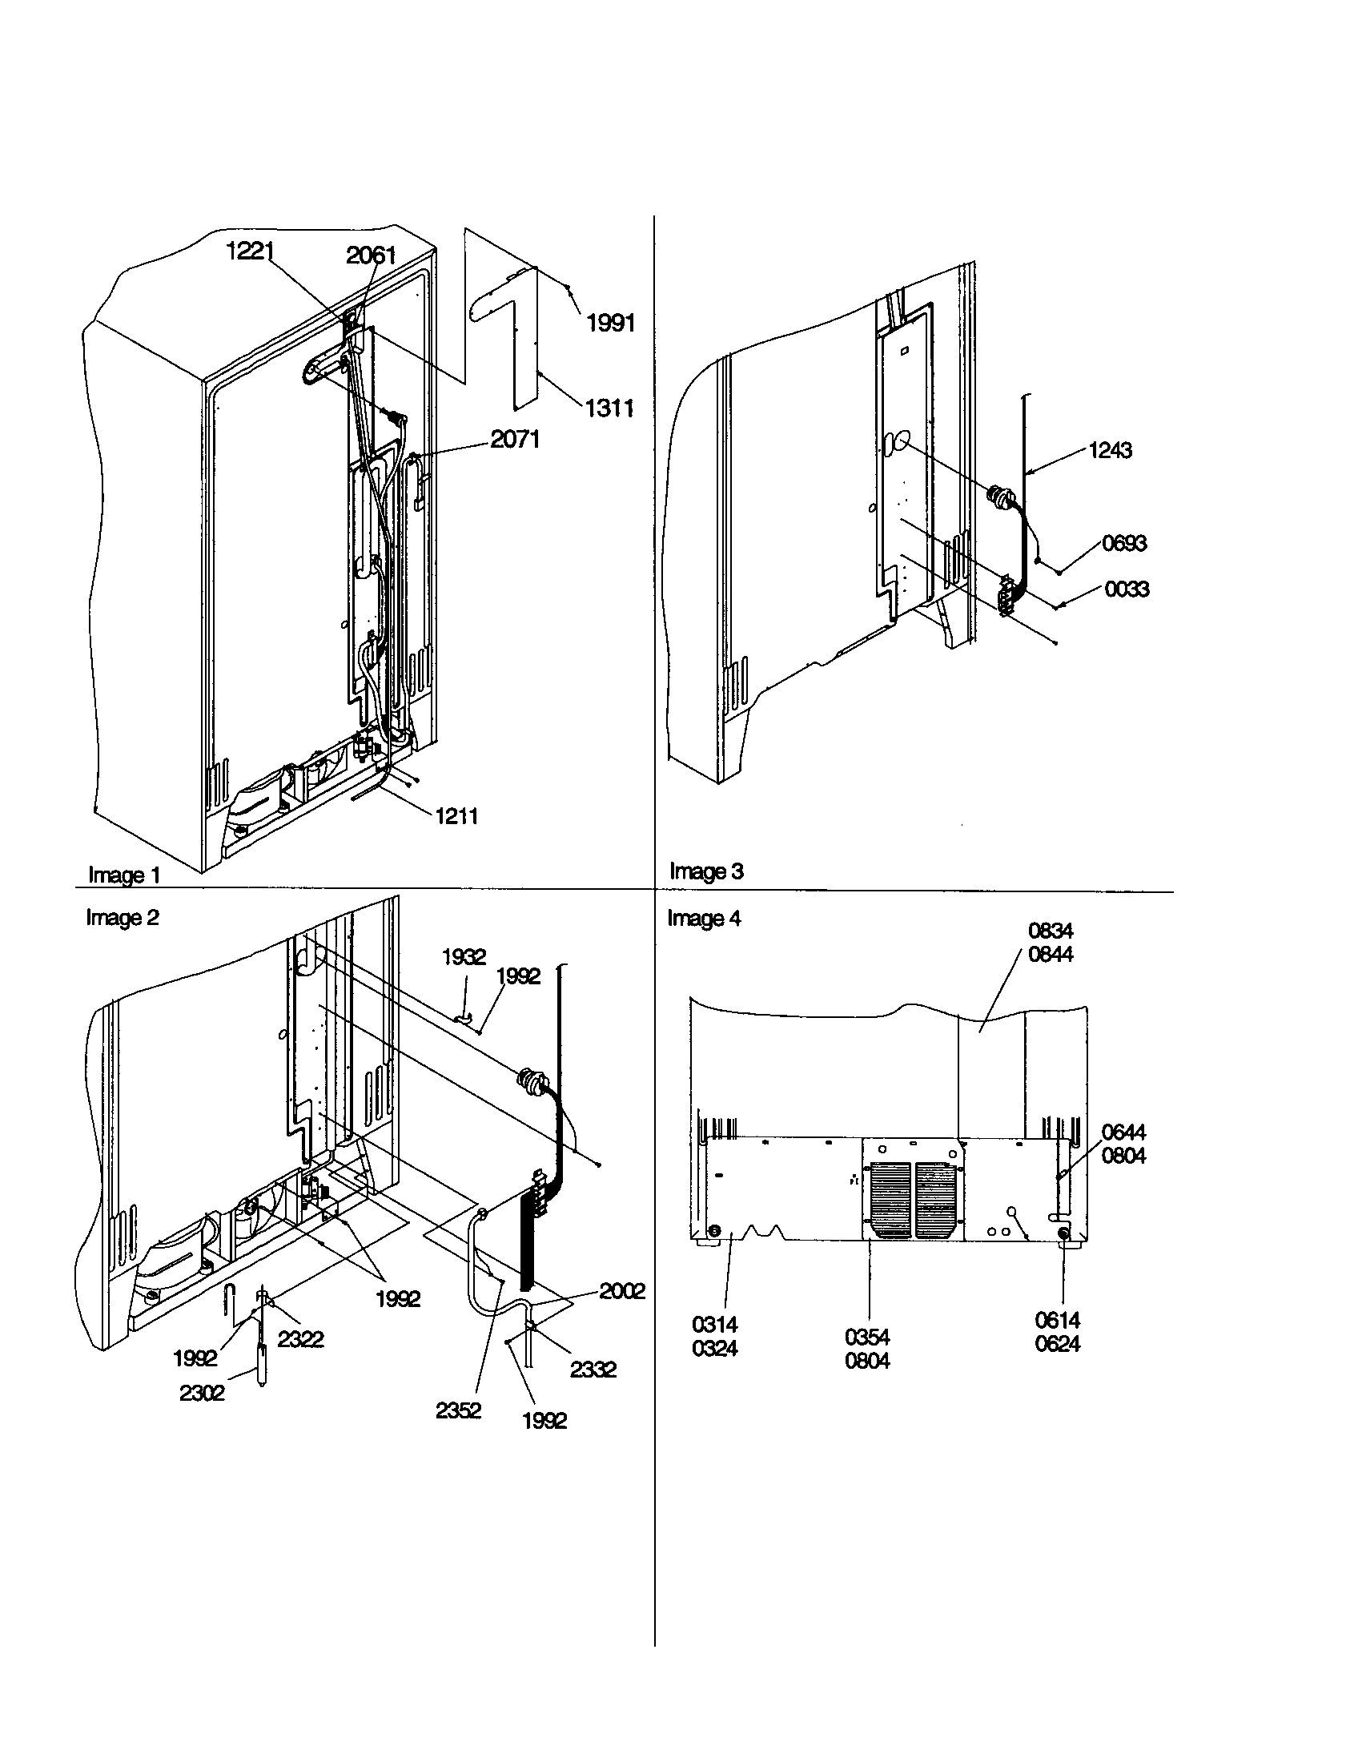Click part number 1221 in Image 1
point(250,251)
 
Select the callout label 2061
point(371,255)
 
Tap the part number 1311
point(609,408)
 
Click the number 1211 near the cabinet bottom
point(456,816)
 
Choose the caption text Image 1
point(124,875)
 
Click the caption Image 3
point(706,871)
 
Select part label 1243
point(1110,450)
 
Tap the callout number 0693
point(1123,543)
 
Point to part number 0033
point(1126,589)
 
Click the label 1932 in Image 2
point(464,957)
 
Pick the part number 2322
point(300,1339)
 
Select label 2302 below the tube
point(202,1394)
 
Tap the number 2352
point(458,1410)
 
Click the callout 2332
point(593,1369)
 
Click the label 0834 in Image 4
point(1050,931)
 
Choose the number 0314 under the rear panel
point(714,1325)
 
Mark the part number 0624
point(1057,1344)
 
